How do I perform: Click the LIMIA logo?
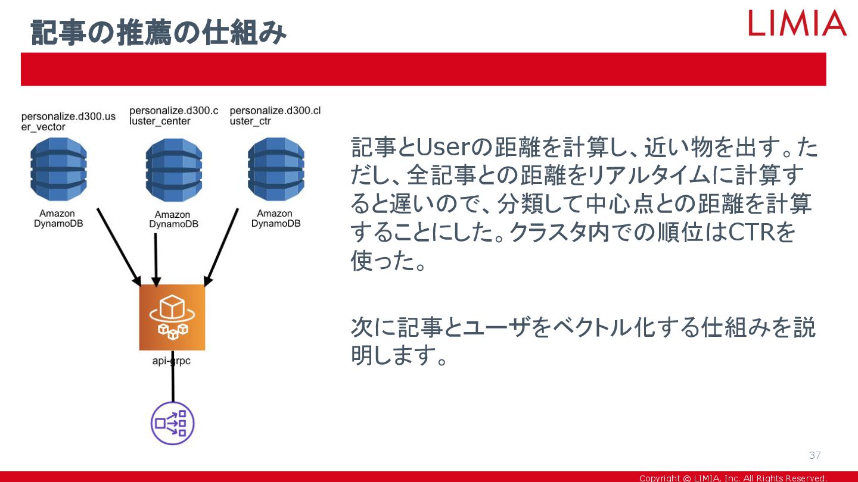point(797,23)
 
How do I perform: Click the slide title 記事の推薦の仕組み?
point(158,32)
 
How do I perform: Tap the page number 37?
point(815,456)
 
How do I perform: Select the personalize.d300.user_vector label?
point(68,121)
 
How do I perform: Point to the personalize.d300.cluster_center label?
point(173,115)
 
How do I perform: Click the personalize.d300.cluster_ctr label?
point(275,116)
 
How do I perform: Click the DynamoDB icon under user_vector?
point(58,170)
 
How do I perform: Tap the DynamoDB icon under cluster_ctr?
point(275,170)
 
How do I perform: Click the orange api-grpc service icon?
point(172,317)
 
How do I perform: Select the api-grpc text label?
point(172,361)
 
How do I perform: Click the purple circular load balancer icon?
point(172,424)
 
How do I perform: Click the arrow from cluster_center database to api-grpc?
point(156,259)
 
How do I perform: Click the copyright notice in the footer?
point(733,478)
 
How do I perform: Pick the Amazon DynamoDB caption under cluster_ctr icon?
point(275,218)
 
